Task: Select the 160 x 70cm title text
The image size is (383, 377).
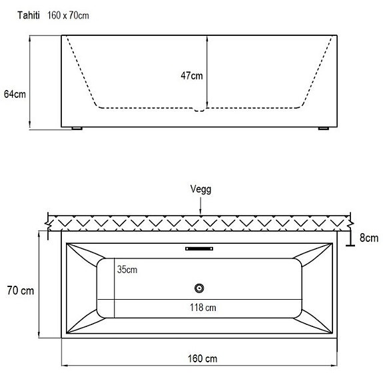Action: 69,15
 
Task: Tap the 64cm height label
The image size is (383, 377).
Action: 14,94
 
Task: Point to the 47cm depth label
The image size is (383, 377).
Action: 192,76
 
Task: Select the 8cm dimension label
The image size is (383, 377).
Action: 368,238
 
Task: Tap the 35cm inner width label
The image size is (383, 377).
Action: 127,270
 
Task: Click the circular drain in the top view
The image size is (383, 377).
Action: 198,288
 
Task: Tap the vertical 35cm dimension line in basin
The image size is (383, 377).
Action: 115,286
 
